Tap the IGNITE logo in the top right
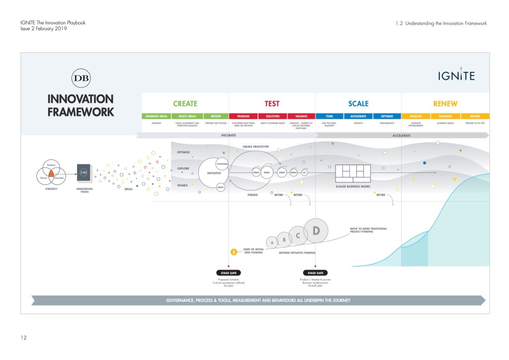[456, 75]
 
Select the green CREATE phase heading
[185, 103]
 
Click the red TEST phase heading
[272, 103]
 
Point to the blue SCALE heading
[358, 103]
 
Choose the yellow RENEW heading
[445, 103]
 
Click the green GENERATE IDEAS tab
[156, 116]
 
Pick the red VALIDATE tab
[301, 116]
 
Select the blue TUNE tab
[329, 116]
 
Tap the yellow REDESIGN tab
[445, 116]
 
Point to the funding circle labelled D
[316, 230]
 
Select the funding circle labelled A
[271, 242]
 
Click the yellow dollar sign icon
[233, 252]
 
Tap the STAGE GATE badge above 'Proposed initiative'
[229, 272]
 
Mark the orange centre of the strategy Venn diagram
[51, 173]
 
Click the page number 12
[23, 338]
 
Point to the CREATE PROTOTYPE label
[255, 147]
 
